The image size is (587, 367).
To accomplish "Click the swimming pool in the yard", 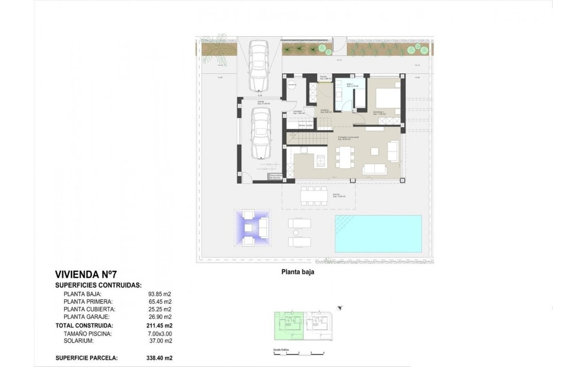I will (378, 234).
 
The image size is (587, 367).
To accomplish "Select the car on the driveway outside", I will (258, 65).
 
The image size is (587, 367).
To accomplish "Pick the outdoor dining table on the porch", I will (314, 196).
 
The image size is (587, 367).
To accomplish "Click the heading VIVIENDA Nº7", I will (86, 275).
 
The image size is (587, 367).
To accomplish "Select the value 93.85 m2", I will (160, 295).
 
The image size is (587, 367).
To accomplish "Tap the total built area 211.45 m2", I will (160, 326).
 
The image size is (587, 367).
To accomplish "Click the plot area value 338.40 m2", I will (160, 358).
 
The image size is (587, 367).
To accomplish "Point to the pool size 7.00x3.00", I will (160, 334).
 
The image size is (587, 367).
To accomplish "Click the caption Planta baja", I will (297, 272).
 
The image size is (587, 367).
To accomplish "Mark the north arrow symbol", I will (340, 308).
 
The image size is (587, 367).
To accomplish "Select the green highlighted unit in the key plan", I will (288, 326).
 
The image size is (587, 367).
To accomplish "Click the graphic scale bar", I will (299, 352).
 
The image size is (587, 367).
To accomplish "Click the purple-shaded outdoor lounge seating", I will (252, 228).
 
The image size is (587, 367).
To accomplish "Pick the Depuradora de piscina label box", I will (275, 176).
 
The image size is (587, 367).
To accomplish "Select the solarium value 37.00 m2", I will (160, 341).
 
